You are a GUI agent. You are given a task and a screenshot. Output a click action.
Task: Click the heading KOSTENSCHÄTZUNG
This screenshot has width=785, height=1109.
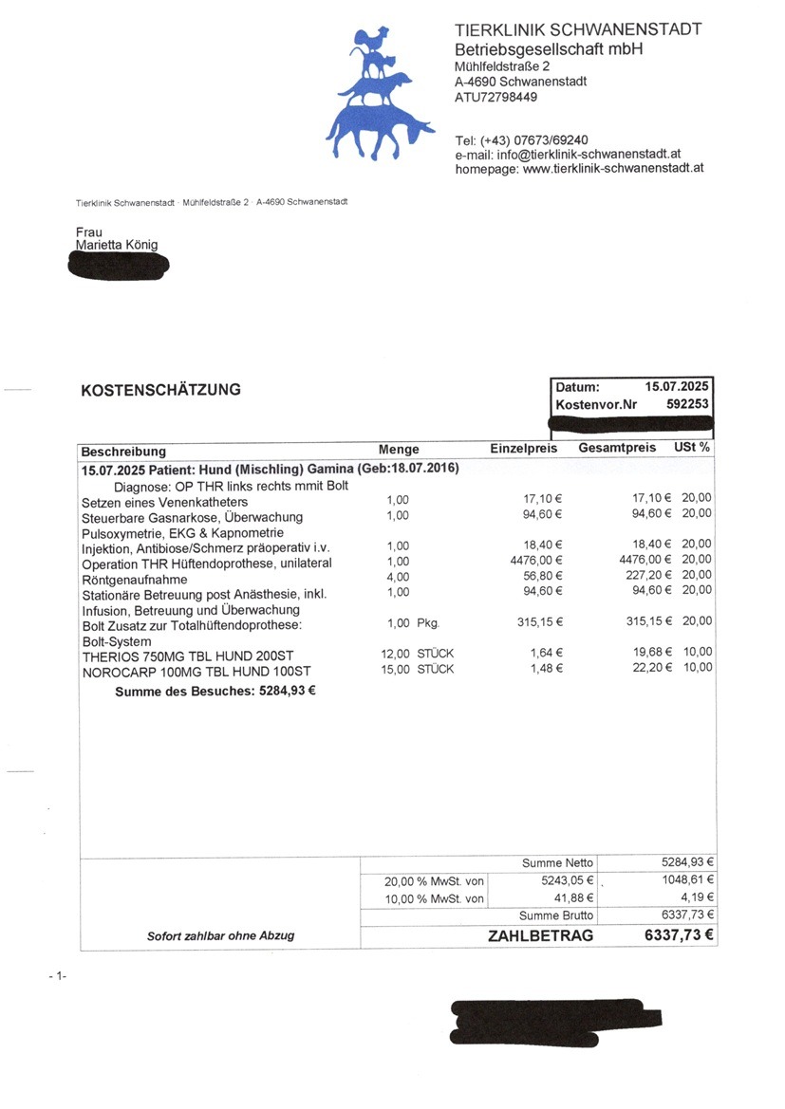pos(160,390)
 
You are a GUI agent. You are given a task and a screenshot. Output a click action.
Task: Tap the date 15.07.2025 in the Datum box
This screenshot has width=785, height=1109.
pos(677,387)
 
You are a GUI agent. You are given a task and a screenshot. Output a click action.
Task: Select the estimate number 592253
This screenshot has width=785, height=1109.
pos(687,404)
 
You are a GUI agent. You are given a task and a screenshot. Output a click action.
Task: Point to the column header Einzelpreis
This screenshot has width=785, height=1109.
pos(523,449)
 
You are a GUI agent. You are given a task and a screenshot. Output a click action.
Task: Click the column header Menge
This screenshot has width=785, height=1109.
pos(399,450)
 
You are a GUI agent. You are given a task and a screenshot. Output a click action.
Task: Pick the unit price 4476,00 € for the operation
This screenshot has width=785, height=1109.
pos(537,562)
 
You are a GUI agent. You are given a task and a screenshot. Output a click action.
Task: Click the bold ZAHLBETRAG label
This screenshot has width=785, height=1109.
pos(540,935)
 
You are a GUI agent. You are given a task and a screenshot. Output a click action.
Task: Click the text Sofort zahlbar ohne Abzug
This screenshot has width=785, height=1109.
pos(220,935)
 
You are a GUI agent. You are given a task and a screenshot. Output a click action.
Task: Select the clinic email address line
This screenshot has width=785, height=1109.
pos(567,155)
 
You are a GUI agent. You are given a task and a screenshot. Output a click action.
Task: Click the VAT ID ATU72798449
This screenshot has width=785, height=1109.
pos(495,97)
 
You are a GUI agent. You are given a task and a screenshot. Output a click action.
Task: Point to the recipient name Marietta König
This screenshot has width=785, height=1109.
pos(117,246)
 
